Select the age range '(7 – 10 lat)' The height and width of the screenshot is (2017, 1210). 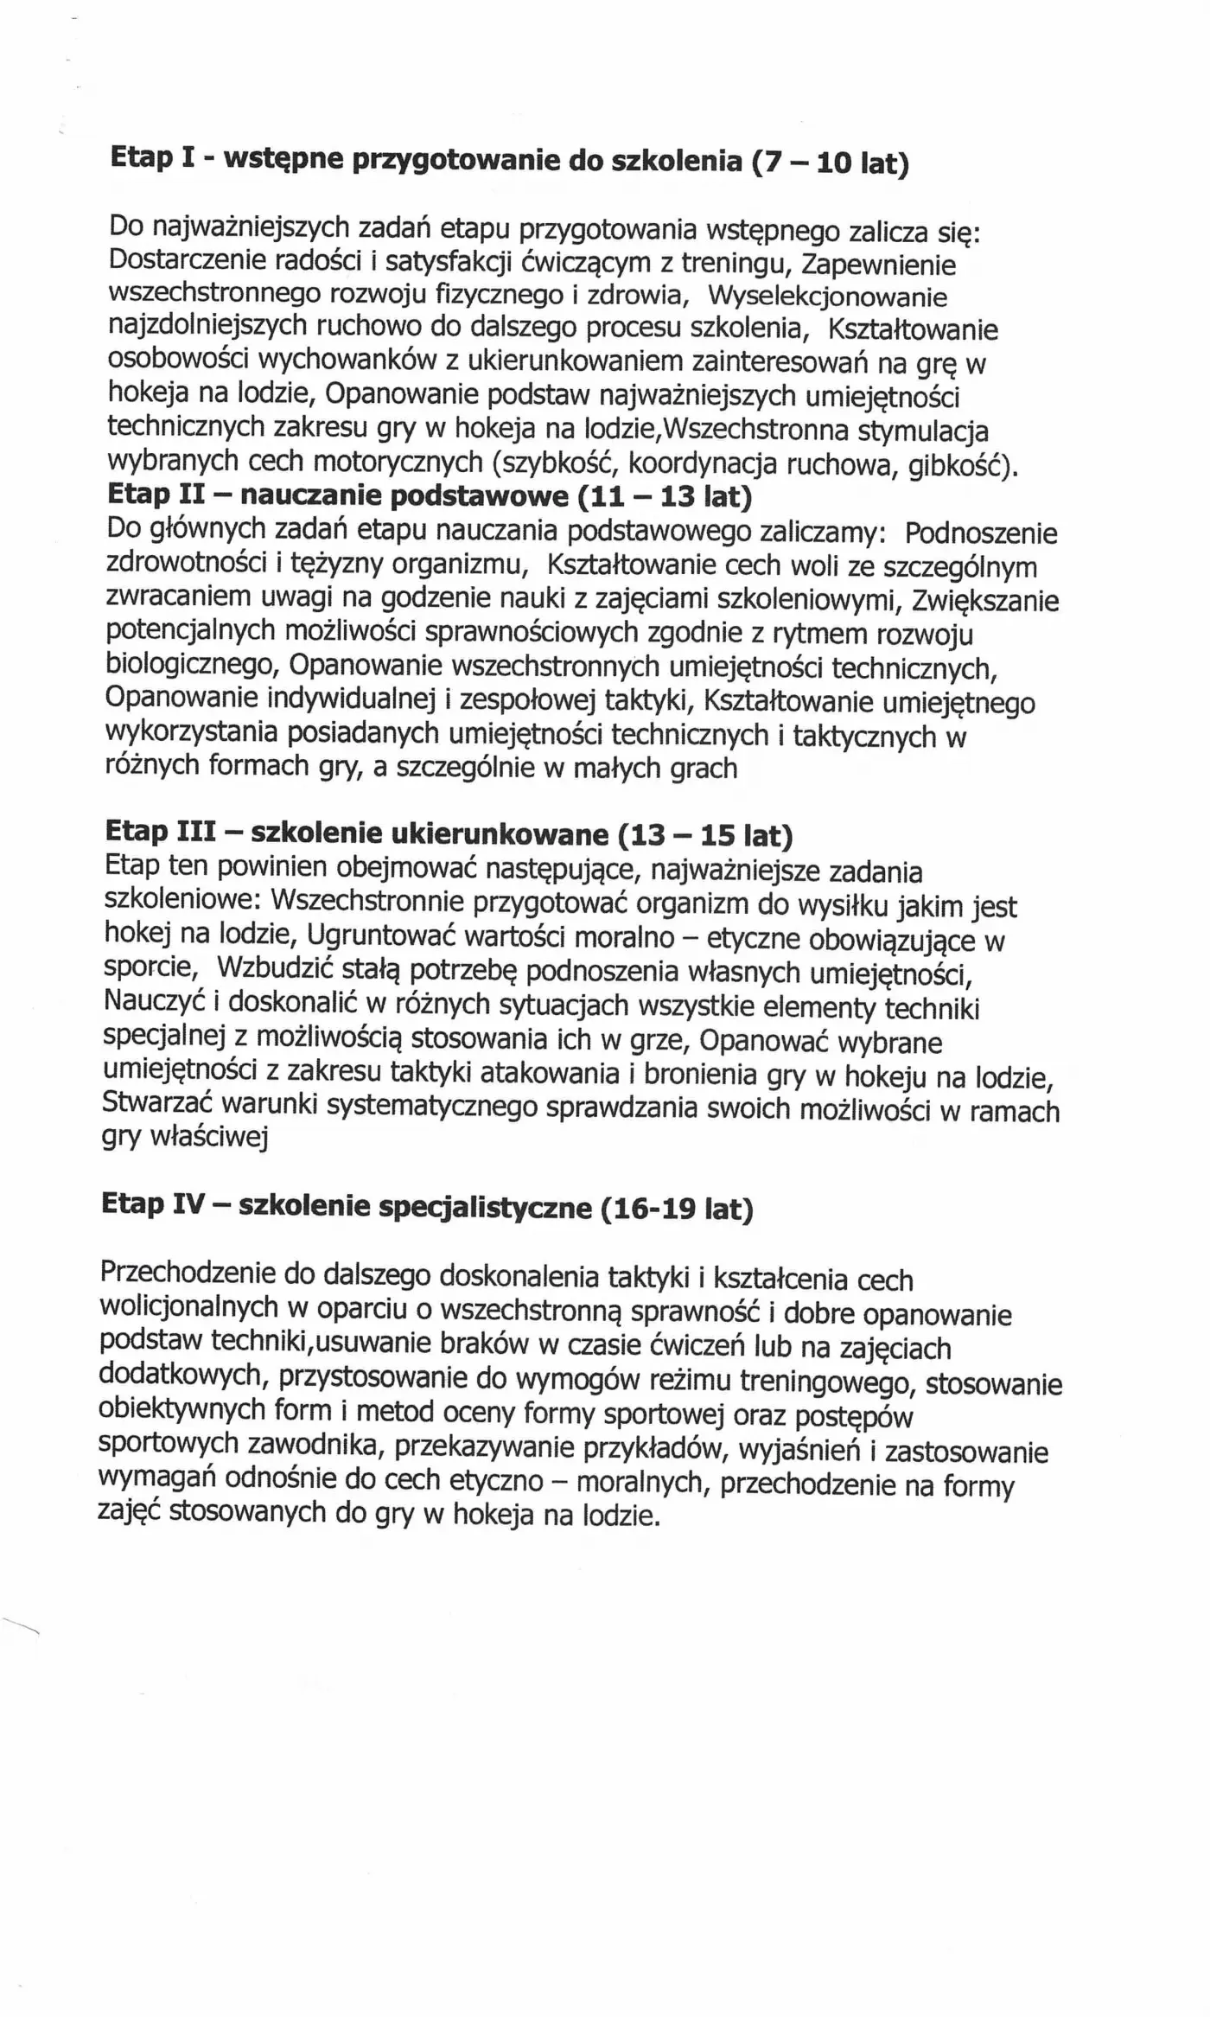click(830, 162)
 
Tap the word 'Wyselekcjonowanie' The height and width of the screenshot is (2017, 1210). click(827, 297)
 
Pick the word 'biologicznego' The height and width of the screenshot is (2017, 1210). click(192, 665)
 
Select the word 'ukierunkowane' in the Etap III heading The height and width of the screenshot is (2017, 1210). click(500, 833)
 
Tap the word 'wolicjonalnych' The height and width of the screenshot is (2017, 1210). click(188, 1307)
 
